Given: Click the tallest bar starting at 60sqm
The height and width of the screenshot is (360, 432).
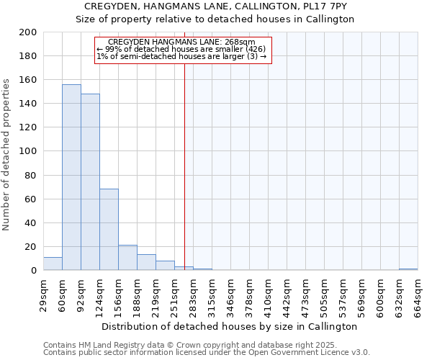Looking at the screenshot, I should [x=71, y=177].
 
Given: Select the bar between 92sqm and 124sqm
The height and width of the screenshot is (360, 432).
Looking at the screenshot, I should [x=90, y=182].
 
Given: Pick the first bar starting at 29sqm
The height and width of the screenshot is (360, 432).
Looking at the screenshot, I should [x=53, y=264].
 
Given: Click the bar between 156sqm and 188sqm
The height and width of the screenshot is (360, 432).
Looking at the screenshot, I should [x=127, y=258].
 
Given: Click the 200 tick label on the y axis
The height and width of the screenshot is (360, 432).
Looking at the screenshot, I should [x=28, y=32].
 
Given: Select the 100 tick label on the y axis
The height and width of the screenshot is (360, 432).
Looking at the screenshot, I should [x=28, y=151].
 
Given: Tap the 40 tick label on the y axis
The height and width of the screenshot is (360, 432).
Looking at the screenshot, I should [x=31, y=223].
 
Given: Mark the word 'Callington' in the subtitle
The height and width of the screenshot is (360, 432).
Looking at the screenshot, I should [x=332, y=19].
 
